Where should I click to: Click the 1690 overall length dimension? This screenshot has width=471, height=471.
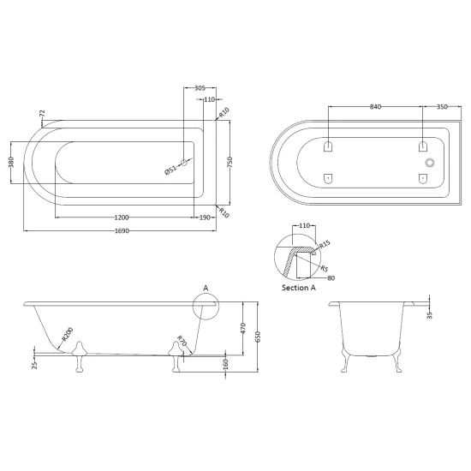click(x=122, y=231)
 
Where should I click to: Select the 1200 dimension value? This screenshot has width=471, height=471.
click(x=122, y=218)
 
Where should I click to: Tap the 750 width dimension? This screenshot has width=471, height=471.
click(x=230, y=163)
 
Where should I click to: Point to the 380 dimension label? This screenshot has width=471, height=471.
click(x=11, y=162)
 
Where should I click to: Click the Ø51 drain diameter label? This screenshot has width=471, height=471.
click(x=170, y=170)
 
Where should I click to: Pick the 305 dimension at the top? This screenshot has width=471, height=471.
click(x=200, y=88)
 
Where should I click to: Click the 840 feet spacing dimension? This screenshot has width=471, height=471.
click(x=375, y=107)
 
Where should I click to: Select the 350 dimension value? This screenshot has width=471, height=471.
click(x=442, y=107)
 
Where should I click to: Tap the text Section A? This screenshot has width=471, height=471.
click(x=299, y=288)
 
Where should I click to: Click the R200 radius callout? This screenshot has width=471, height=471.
click(x=68, y=334)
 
